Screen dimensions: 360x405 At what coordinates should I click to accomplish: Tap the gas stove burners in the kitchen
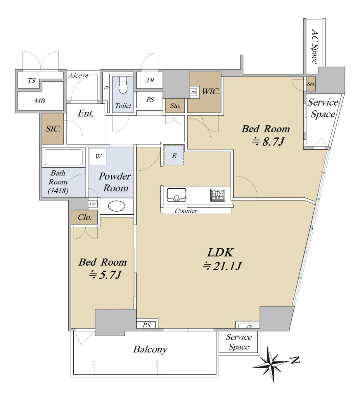tap(217, 195)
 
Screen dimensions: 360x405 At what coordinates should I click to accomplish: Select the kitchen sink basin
tap(176, 195)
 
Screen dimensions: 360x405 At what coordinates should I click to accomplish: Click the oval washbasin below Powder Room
tap(117, 206)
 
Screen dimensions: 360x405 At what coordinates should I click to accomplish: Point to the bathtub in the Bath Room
tap(63, 158)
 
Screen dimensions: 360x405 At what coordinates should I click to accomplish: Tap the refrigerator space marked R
tap(174, 155)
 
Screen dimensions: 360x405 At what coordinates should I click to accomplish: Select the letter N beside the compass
tap(295, 360)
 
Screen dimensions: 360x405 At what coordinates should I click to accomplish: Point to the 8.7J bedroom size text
tap(268, 142)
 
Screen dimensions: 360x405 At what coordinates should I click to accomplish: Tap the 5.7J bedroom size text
tap(105, 275)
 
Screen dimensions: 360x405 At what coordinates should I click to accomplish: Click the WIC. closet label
tap(211, 91)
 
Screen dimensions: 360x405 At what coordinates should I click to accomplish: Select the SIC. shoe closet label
tap(53, 129)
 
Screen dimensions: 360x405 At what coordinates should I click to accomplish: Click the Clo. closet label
tap(85, 217)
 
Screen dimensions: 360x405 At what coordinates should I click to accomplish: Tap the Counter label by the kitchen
tap(186, 211)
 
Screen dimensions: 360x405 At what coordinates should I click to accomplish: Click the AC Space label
tap(314, 47)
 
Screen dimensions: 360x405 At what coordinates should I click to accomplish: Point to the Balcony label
tap(150, 350)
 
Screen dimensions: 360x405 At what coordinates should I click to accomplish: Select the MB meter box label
tap(40, 101)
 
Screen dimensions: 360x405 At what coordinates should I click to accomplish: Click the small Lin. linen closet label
tap(93, 204)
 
